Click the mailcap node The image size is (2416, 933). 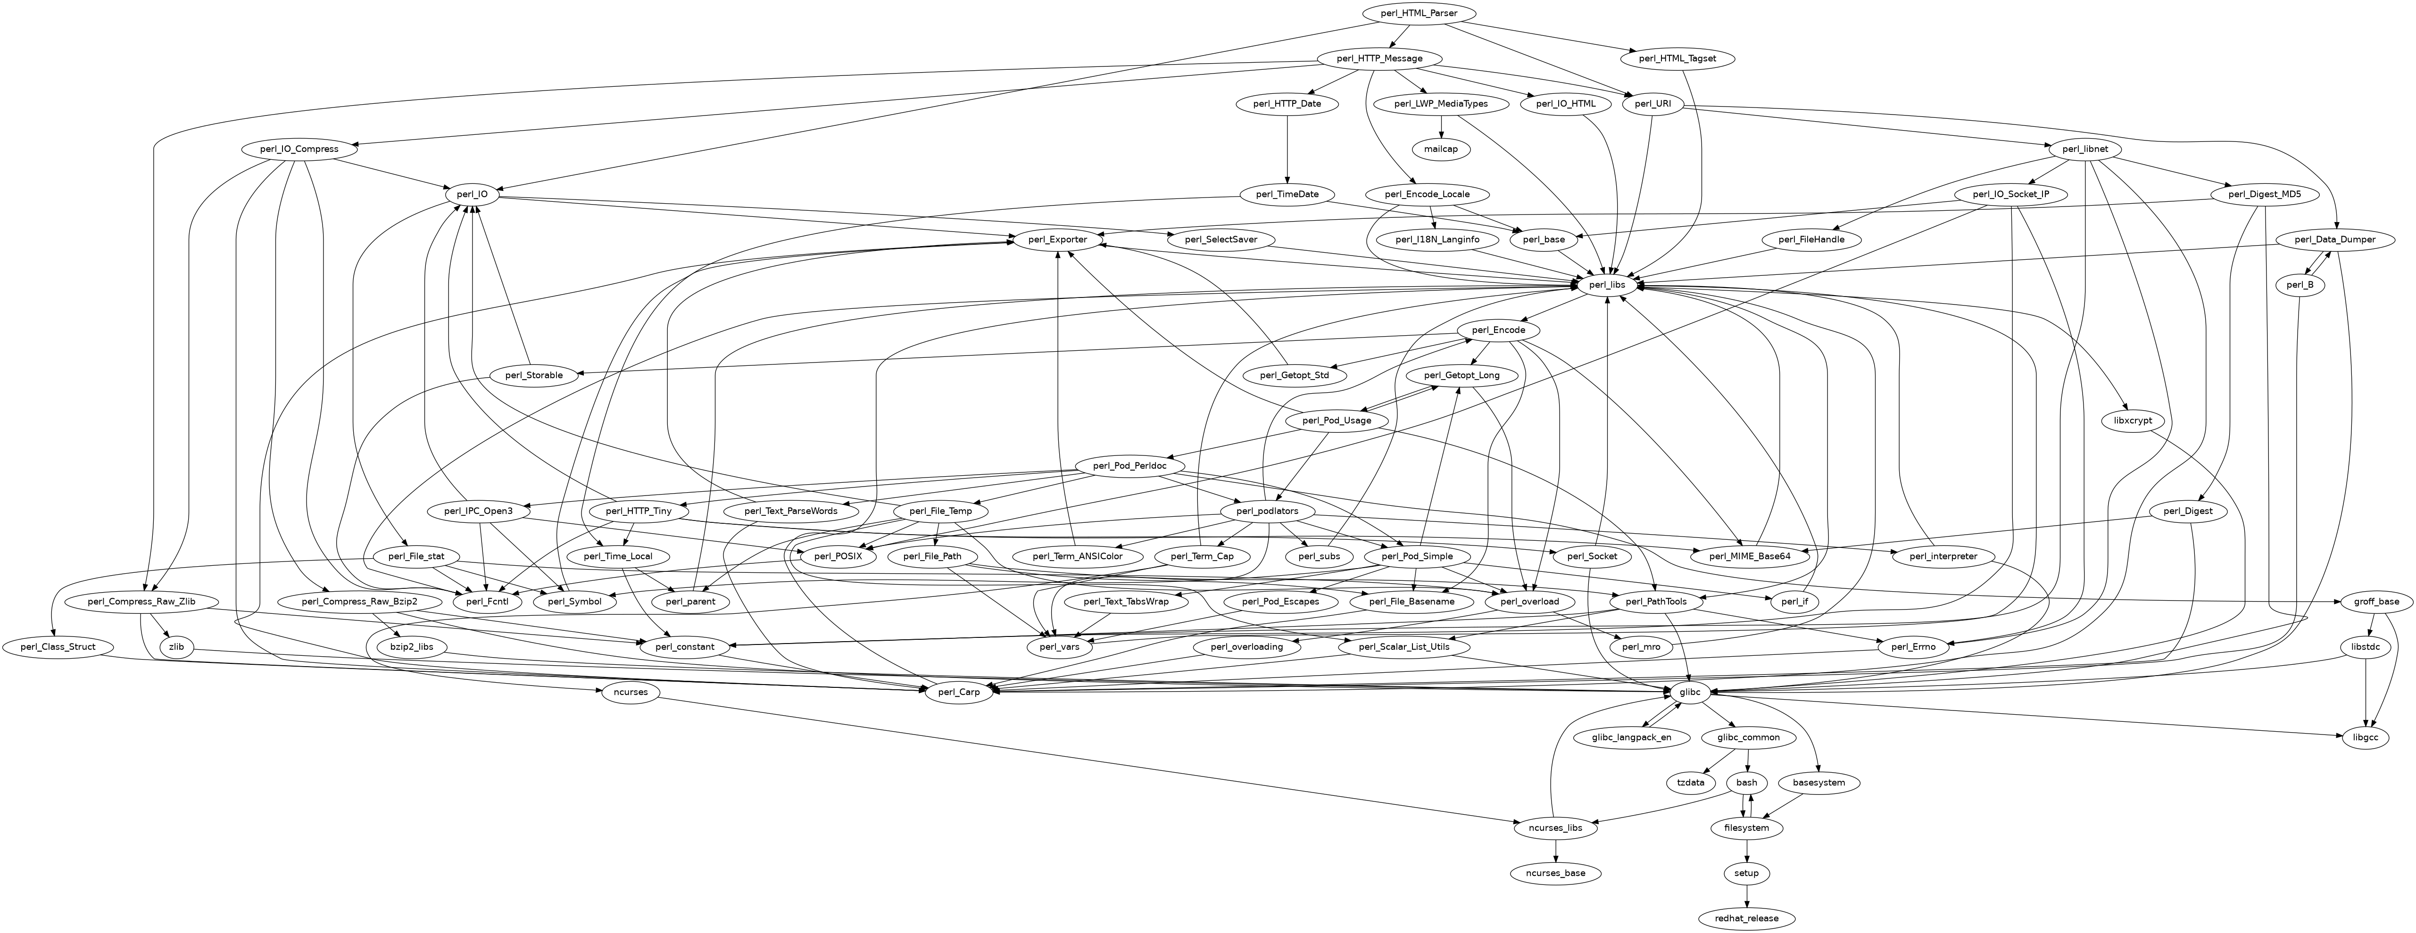click(1441, 149)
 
